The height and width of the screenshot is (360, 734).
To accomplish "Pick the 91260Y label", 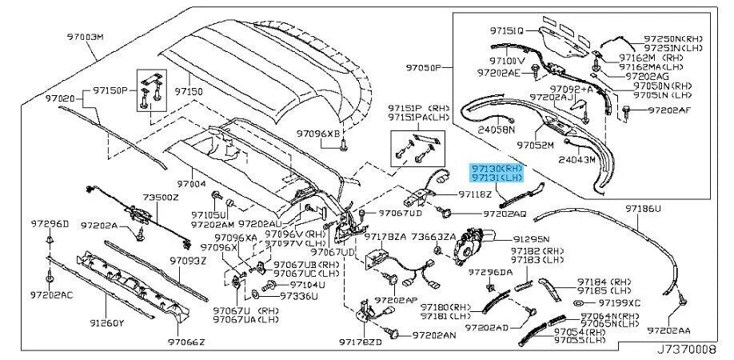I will click(107, 324).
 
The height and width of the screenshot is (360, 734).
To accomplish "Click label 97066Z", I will click(186, 342).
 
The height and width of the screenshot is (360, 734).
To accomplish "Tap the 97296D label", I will click(50, 223).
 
